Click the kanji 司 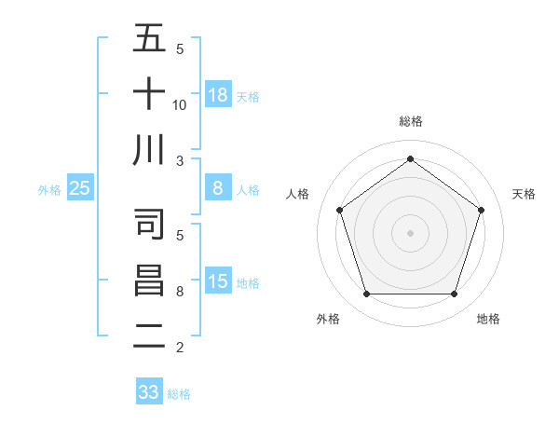click(x=149, y=224)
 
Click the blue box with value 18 click(x=218, y=94)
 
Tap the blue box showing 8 click(x=218, y=188)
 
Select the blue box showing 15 click(x=218, y=281)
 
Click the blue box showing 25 click(x=80, y=188)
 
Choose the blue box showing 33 click(x=149, y=392)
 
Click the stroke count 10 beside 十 click(x=180, y=104)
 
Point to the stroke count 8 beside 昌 click(x=180, y=292)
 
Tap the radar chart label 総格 click(x=410, y=121)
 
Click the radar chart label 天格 click(x=525, y=194)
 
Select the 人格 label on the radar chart click(x=297, y=194)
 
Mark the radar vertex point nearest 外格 click(x=366, y=294)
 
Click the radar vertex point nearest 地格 click(x=454, y=294)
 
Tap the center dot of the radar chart click(x=410, y=233)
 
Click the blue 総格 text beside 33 click(x=179, y=394)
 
